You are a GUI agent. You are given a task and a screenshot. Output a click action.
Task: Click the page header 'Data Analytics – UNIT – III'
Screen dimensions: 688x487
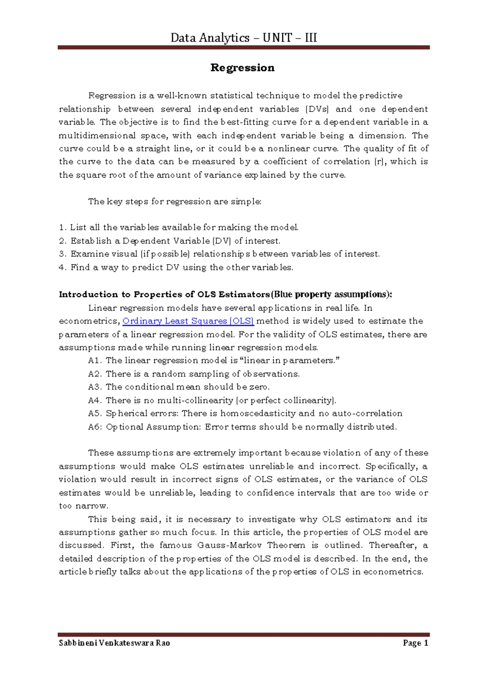243,38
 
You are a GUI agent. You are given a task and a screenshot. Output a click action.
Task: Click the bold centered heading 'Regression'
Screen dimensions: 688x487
242,67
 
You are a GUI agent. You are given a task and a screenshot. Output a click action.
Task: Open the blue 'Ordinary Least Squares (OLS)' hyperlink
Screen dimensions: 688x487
188,321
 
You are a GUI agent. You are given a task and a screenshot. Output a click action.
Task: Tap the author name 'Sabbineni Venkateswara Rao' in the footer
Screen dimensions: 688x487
114,643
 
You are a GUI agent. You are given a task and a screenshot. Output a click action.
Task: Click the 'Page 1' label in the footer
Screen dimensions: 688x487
416,643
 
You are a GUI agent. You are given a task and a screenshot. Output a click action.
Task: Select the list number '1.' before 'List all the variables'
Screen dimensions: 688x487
62,228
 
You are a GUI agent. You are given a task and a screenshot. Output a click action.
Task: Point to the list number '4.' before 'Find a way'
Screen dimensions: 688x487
62,267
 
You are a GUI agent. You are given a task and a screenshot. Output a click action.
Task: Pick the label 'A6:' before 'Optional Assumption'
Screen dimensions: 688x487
95,427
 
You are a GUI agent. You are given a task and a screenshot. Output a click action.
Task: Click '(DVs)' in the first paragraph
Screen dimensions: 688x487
317,109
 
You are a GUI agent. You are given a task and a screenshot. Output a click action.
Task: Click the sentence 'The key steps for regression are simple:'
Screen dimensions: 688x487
175,202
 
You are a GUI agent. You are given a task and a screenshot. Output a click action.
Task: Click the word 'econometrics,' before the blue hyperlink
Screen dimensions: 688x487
89,321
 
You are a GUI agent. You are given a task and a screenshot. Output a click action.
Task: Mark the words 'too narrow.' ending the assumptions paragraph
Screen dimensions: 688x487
84,506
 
